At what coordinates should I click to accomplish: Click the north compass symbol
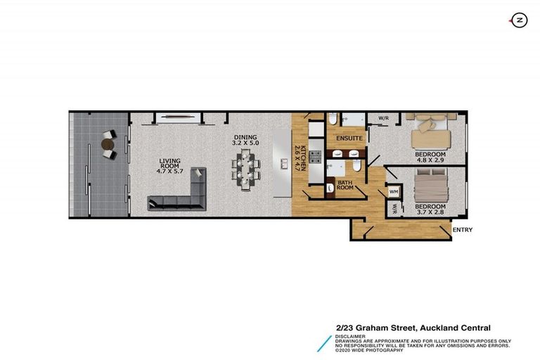[519, 20]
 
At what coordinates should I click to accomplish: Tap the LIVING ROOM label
[171, 164]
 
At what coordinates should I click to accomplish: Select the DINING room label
[245, 138]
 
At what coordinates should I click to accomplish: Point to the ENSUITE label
[349, 139]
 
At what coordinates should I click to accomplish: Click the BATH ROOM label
[345, 185]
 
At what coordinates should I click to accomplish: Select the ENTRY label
[463, 230]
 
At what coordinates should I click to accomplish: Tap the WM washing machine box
[394, 191]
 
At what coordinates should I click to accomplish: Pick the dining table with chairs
[246, 171]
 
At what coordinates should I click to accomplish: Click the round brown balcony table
[107, 145]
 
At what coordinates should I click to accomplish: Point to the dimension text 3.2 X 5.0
[246, 143]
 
